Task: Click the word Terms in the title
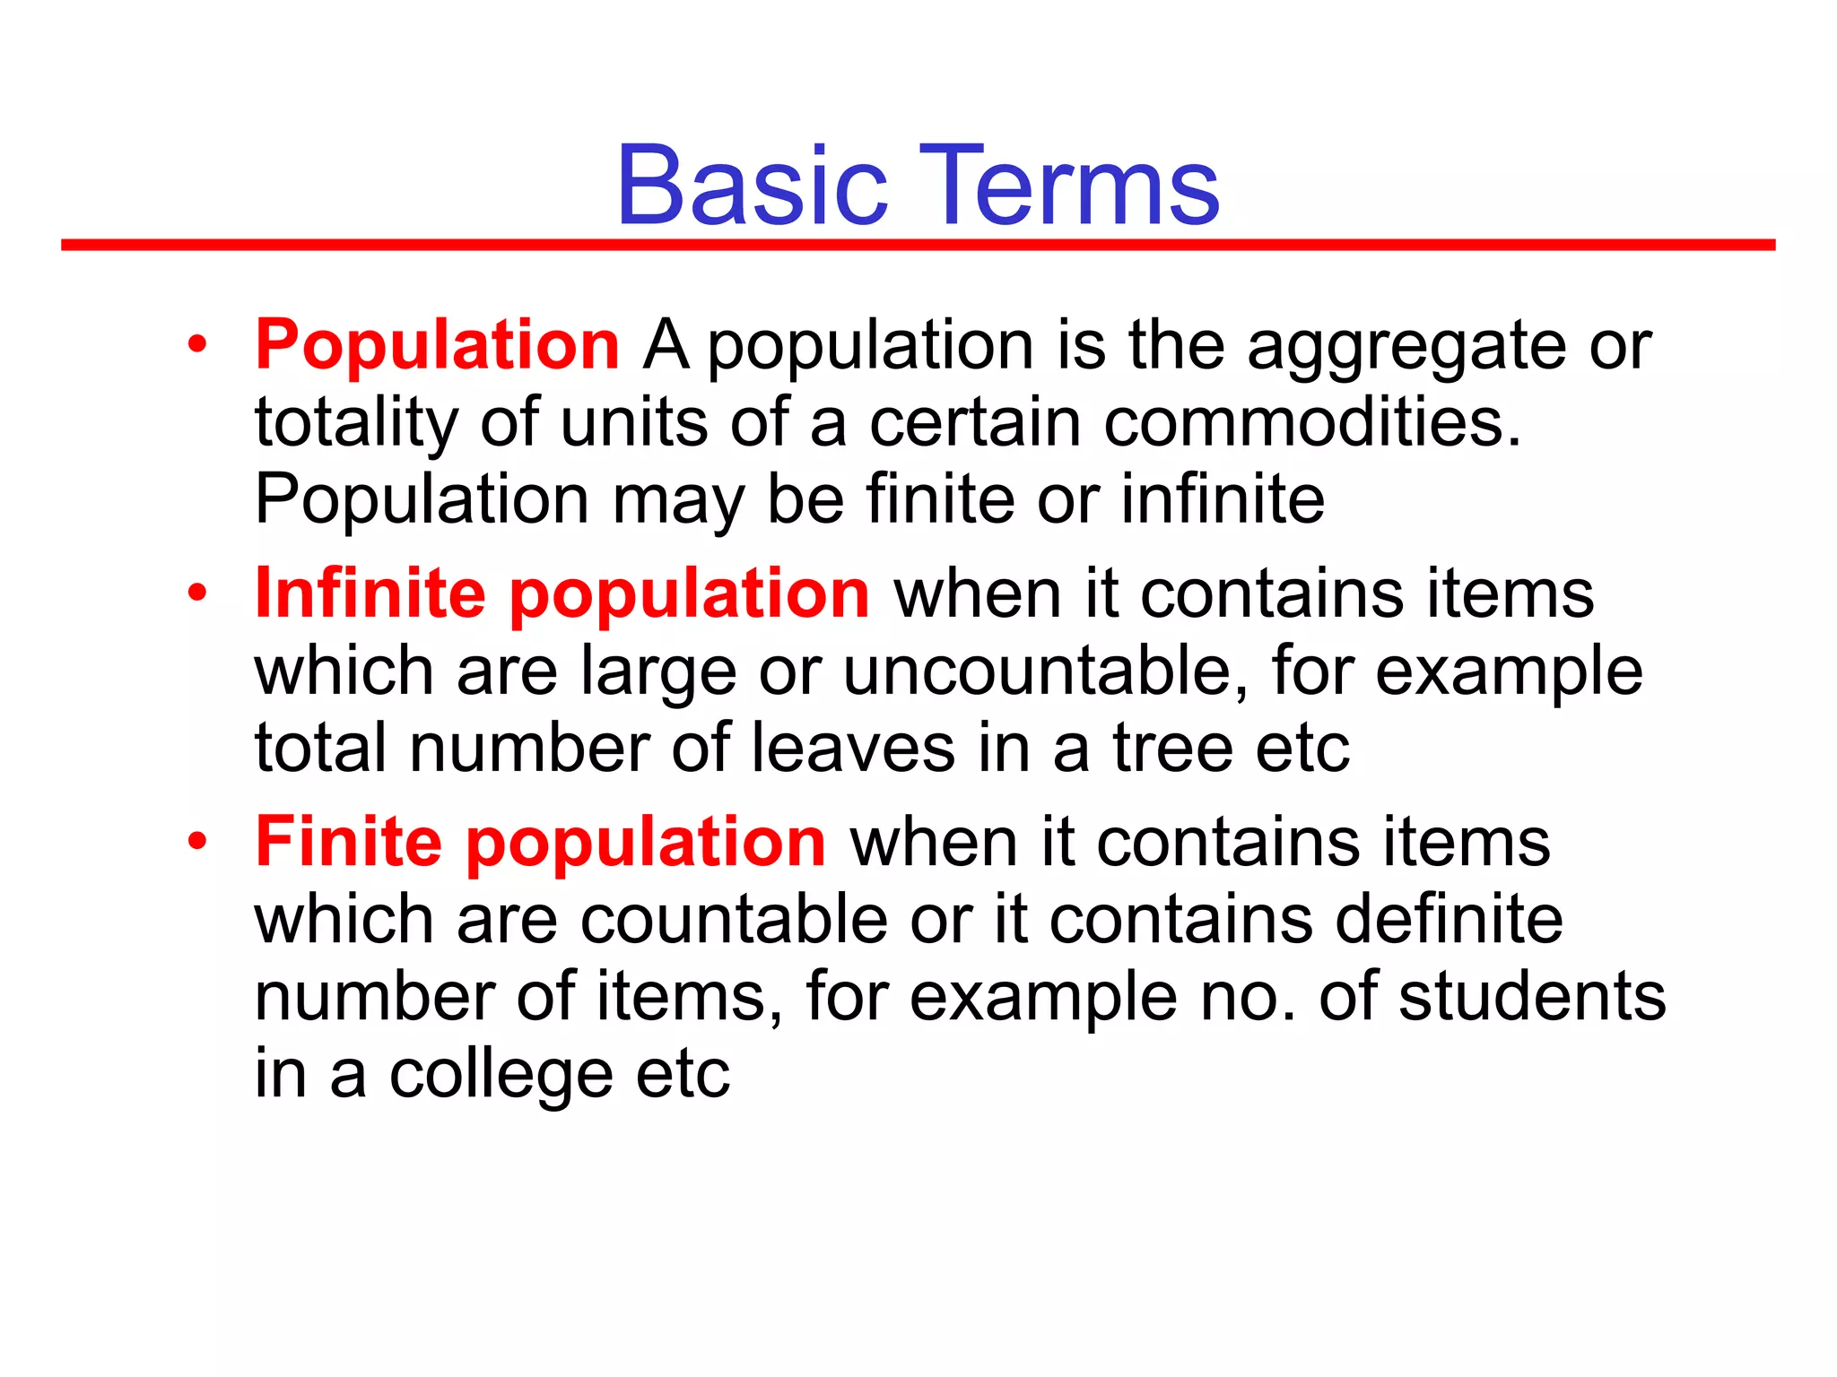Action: tap(1067, 186)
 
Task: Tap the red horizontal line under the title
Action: tap(918, 245)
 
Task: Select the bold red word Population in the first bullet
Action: tap(437, 345)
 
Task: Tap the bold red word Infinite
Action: tap(370, 593)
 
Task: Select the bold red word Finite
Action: tap(349, 842)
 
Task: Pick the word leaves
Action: tap(852, 749)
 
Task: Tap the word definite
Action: tap(1449, 920)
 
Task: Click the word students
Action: tap(1532, 997)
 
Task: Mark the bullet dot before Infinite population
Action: tap(197, 593)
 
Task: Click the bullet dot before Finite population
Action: tap(197, 842)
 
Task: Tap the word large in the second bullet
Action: tap(657, 672)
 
